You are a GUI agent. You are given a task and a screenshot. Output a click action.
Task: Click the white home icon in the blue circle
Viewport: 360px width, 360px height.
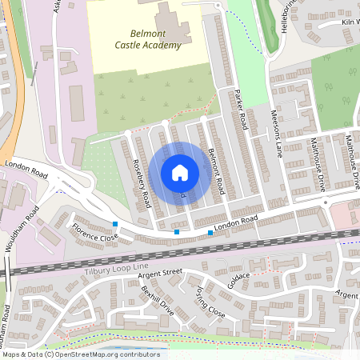(180, 172)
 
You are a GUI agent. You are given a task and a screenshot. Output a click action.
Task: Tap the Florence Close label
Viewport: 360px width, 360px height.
(95, 233)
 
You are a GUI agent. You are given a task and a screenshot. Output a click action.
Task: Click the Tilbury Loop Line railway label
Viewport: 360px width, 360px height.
(116, 267)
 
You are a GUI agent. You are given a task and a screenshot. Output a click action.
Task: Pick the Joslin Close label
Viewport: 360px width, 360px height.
(210, 305)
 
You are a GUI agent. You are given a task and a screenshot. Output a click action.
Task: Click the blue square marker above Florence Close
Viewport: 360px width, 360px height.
(116, 224)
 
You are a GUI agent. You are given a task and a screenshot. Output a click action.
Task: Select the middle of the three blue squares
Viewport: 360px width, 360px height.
(177, 232)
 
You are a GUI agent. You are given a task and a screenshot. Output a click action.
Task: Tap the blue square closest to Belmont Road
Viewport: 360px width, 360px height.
(210, 232)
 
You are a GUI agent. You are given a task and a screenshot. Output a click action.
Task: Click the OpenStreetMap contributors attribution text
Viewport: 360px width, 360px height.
(81, 354)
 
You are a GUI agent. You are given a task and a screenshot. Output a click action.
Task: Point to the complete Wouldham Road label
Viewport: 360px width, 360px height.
(21, 230)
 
